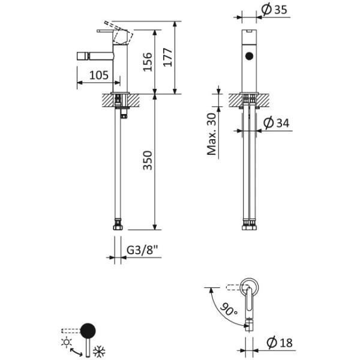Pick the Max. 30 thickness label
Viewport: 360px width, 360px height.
click(x=212, y=133)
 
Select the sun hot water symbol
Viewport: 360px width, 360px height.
click(x=65, y=343)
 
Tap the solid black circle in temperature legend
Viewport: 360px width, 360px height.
click(x=89, y=330)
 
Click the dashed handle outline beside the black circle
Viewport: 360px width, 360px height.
click(x=70, y=330)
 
